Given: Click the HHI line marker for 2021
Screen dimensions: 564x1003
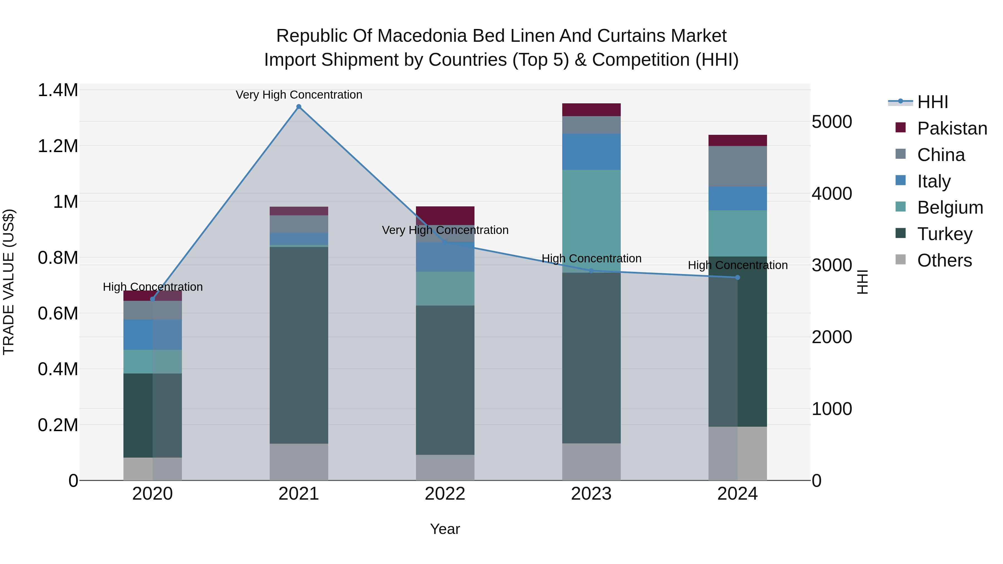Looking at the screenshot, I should tap(299, 107).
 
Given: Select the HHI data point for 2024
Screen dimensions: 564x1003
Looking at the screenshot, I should tap(737, 277).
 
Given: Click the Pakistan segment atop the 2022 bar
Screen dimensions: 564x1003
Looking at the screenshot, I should tap(445, 215).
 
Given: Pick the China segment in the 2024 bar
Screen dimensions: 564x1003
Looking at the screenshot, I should tap(737, 166).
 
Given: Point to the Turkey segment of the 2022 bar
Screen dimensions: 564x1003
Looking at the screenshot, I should tap(445, 380).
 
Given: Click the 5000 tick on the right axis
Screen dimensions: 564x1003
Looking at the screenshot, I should tap(832, 122).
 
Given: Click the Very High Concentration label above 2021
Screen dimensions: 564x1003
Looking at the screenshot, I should tap(299, 95).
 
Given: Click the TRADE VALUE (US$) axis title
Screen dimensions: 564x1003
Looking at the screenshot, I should tap(9, 282).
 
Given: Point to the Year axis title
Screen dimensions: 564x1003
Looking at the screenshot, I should tap(445, 529).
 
